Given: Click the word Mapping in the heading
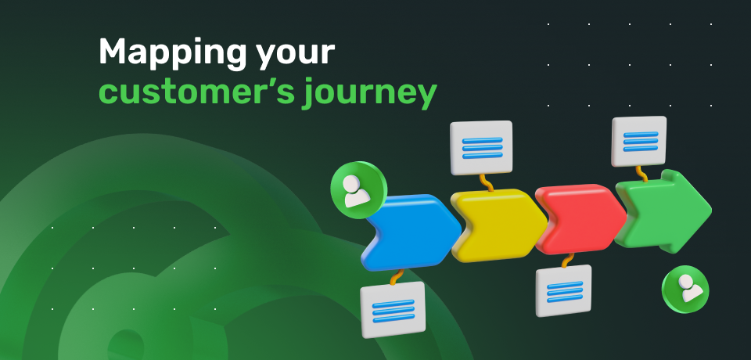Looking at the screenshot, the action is click(x=172, y=53).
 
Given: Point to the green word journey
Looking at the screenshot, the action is click(x=371, y=93).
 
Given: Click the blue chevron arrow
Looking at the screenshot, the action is click(x=411, y=232).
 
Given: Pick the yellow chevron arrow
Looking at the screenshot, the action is click(x=498, y=225).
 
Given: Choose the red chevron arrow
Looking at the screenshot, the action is click(x=580, y=219).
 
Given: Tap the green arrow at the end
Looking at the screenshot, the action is click(x=663, y=211).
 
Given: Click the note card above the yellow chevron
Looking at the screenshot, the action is click(x=481, y=148).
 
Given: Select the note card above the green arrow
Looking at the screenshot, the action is click(x=639, y=141).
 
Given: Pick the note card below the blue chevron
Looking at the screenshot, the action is click(x=393, y=309).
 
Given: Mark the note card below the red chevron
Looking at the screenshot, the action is click(x=564, y=290).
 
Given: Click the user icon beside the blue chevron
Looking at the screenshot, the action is click(x=358, y=190).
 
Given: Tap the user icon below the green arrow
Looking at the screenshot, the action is click(x=685, y=289).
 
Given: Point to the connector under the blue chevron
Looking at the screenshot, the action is click(x=397, y=277).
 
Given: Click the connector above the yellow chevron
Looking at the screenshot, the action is click(x=486, y=182).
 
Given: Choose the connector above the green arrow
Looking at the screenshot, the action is click(x=641, y=174).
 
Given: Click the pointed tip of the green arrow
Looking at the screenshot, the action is click(x=711, y=210).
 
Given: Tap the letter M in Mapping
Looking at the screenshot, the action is click(x=113, y=52).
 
